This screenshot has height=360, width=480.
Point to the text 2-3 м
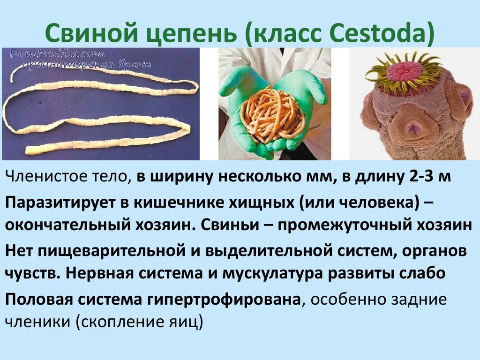429,178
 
